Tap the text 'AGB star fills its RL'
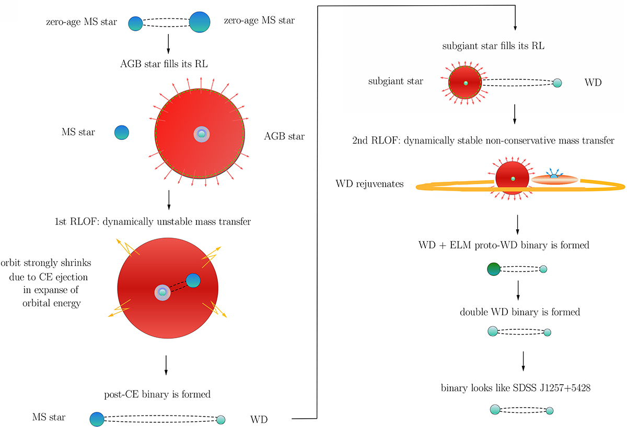point(168,66)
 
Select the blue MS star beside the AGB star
point(122,132)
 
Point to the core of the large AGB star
point(201,134)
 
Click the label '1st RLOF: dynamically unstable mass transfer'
point(168,222)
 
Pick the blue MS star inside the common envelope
point(193,280)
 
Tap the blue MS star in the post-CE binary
point(97,419)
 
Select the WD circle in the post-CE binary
point(220,419)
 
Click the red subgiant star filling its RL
point(465,82)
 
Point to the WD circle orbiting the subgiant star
point(558,82)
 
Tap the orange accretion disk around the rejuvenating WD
point(555,180)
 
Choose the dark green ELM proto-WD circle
point(494,269)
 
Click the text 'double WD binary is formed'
point(520,312)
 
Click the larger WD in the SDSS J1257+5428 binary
point(495,410)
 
